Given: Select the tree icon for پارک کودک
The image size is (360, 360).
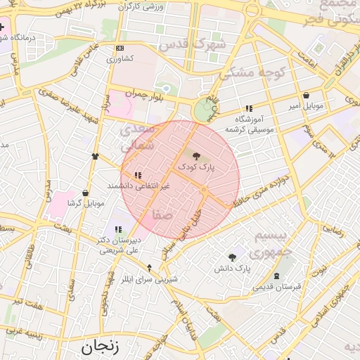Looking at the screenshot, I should pos(195,156).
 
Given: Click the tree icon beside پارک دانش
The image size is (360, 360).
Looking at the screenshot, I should pos(232,257).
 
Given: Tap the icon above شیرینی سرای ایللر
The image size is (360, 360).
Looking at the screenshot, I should pos(149,267).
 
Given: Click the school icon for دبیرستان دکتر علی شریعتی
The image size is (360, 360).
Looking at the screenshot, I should pos(118,229).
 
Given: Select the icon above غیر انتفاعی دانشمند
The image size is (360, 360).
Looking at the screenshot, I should pos(138,174).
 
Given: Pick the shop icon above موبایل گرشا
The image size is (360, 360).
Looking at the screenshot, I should pos(85,193).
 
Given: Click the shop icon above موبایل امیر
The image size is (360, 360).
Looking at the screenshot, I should pos(305,96).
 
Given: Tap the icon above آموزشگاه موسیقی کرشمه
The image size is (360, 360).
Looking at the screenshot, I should pos(248,108).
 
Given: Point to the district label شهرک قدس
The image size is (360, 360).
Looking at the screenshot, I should pos(186,44).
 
